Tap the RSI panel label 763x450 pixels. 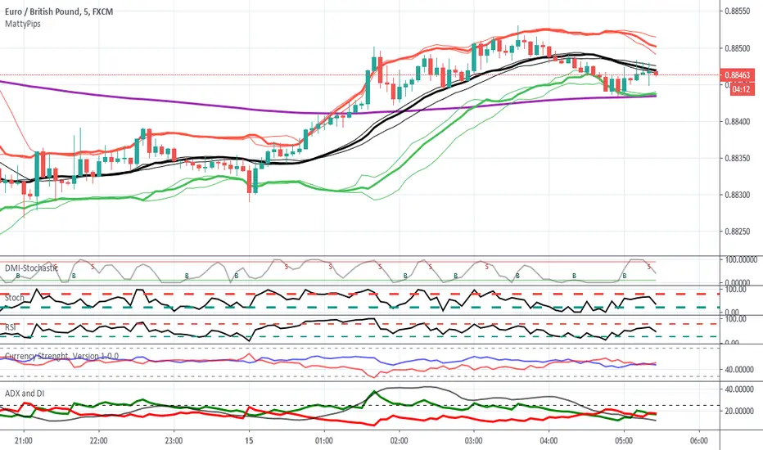pos(11,326)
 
